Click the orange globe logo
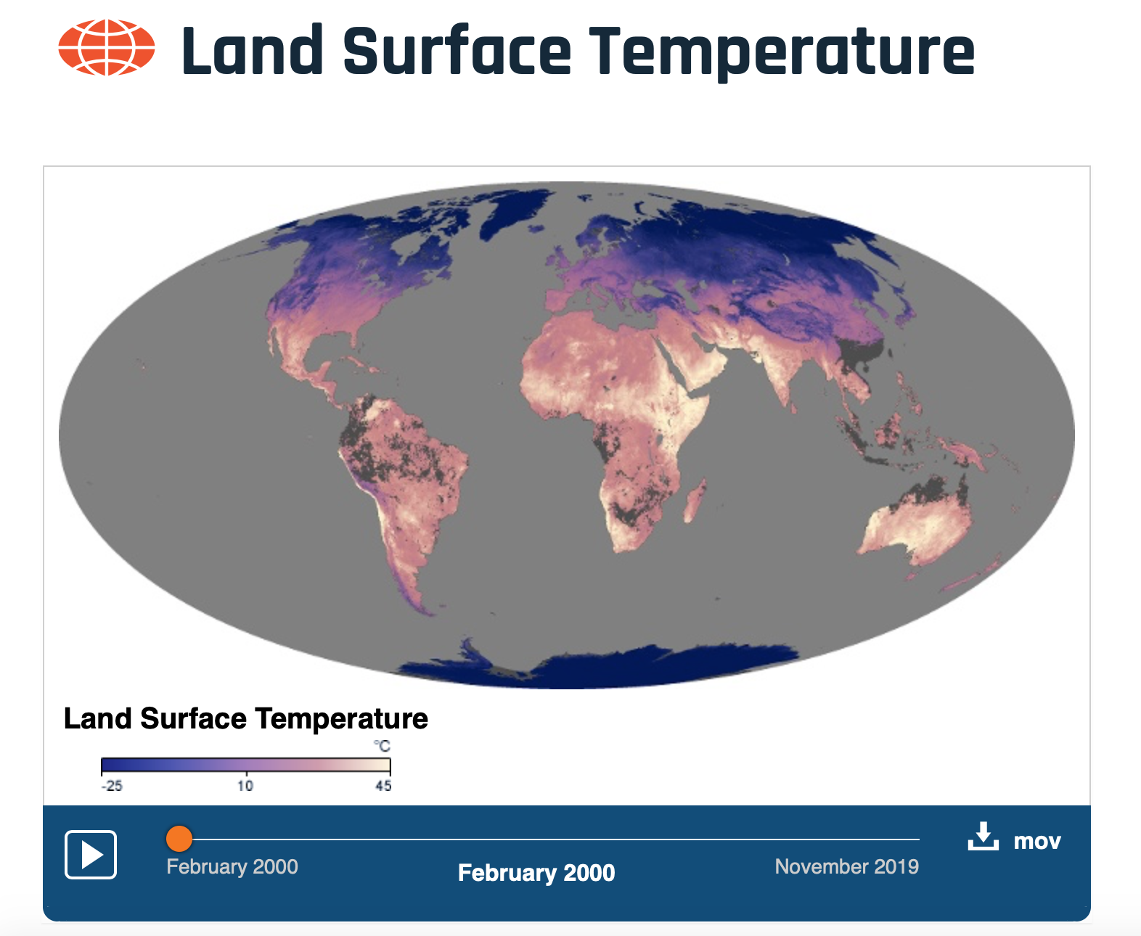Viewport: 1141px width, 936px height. pyautogui.click(x=107, y=48)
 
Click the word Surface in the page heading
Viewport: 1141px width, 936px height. pyautogui.click(x=457, y=51)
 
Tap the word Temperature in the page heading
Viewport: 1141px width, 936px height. pyautogui.click(x=782, y=53)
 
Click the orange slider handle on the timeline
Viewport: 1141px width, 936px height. pyautogui.click(x=179, y=839)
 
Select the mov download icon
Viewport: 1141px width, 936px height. pyautogui.click(x=983, y=837)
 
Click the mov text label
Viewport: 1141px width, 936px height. pyautogui.click(x=1037, y=842)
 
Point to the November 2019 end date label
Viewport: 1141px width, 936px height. pyautogui.click(x=847, y=866)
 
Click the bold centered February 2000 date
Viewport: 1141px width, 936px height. pyautogui.click(x=536, y=872)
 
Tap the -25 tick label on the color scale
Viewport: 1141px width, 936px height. pyautogui.click(x=112, y=786)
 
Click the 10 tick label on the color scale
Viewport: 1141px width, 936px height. pyautogui.click(x=245, y=786)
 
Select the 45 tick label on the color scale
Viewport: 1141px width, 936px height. pyautogui.click(x=383, y=786)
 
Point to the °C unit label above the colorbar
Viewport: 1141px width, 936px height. pyautogui.click(x=382, y=746)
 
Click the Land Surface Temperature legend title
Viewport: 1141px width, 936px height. pyautogui.click(x=245, y=718)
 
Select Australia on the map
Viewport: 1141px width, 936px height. pyautogui.click(x=915, y=522)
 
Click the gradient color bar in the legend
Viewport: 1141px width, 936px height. pyautogui.click(x=245, y=765)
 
